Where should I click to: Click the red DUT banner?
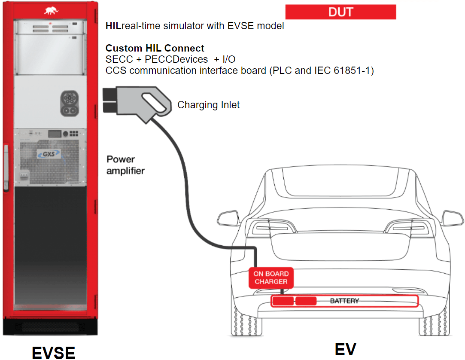[340, 12]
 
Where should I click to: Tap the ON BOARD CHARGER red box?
[270, 278]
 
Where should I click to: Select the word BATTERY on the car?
[344, 301]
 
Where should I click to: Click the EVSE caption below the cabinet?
[54, 352]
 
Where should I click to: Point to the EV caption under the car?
[345, 349]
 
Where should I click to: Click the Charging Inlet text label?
[208, 105]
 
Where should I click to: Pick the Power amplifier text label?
[125, 165]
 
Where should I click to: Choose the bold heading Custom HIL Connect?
[155, 48]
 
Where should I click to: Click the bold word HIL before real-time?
[114, 26]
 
